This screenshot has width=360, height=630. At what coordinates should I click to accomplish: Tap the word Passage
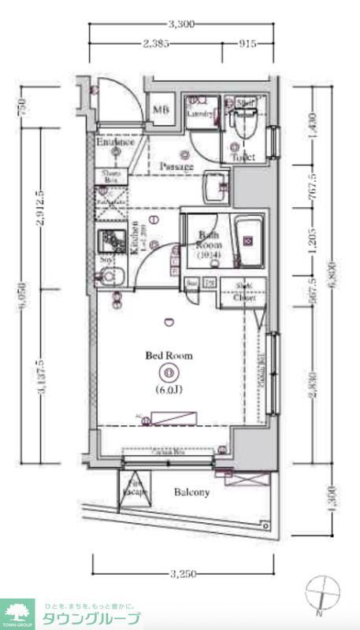click(x=176, y=166)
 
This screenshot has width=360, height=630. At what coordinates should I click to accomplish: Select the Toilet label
click(x=243, y=157)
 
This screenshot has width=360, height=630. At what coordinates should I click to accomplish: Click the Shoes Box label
click(x=109, y=177)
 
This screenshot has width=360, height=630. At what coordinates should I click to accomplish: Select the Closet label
click(x=243, y=297)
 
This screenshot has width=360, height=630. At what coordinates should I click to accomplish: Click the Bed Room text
click(x=168, y=355)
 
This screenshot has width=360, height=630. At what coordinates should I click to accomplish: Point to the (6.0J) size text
click(x=168, y=387)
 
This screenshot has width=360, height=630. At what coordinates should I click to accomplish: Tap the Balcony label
click(x=191, y=493)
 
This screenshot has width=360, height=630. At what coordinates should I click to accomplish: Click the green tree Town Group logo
click(x=17, y=611)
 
